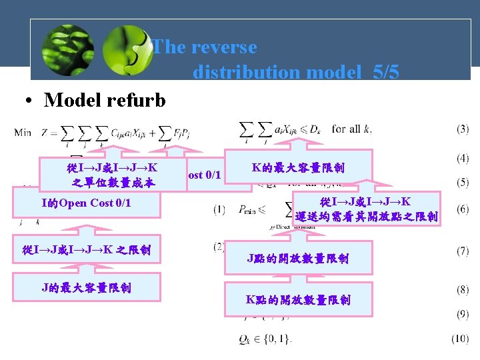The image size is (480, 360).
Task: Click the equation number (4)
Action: point(462,159)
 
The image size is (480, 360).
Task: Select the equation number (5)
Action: point(462,181)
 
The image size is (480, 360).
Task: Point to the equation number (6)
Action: point(462,209)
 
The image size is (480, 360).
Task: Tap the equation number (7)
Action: point(462,251)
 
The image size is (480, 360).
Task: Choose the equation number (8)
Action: point(462,290)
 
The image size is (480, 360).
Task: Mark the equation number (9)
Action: point(462,314)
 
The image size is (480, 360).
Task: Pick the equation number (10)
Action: point(459,339)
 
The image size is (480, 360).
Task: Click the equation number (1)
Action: point(219,209)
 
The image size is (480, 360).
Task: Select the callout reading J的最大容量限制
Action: point(86,288)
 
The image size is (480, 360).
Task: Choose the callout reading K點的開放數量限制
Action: point(298,300)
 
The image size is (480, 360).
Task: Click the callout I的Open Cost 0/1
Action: point(86,203)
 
